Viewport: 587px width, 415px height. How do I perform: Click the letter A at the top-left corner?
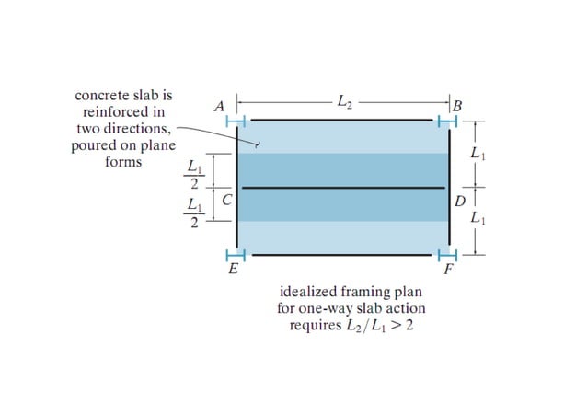(219, 107)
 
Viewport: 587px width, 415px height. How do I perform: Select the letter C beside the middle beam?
(225, 199)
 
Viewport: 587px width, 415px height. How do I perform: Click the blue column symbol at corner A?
(236, 120)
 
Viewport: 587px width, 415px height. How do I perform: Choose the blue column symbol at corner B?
(448, 120)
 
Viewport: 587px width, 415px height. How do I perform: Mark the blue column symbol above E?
(236, 254)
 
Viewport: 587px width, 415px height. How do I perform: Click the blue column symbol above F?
(448, 254)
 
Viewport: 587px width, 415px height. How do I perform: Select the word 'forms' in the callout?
(124, 162)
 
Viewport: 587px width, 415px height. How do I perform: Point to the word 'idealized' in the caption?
(307, 292)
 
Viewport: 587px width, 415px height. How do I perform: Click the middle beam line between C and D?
(342, 188)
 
